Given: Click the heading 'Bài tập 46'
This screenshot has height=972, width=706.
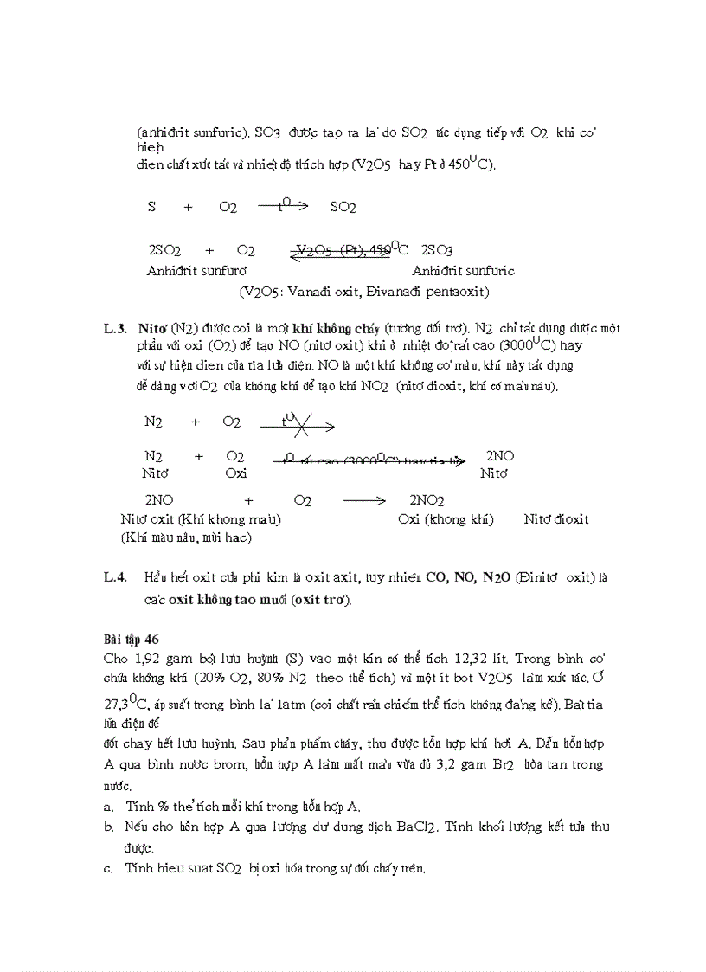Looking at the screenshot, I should [x=131, y=640].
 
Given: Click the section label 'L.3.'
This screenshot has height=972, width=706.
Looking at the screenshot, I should [x=115, y=329].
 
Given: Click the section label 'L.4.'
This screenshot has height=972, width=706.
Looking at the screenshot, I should [x=115, y=577].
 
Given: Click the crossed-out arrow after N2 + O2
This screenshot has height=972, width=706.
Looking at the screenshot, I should [x=297, y=423].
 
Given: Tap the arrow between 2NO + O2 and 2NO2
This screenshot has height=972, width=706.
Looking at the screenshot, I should [x=363, y=500].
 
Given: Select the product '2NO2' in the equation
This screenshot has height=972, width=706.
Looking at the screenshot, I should [x=427, y=501].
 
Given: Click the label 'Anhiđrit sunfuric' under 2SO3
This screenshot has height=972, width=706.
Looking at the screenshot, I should [x=463, y=271].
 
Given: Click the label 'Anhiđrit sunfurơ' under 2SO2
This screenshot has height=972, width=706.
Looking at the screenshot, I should [x=196, y=271].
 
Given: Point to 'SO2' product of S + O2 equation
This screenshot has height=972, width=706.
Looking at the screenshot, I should [x=343, y=207].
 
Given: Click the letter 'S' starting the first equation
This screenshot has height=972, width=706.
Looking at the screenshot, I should [x=152, y=207].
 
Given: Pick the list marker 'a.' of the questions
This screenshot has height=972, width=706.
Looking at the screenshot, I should [x=108, y=807].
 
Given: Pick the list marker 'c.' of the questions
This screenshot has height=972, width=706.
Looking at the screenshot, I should [x=108, y=868].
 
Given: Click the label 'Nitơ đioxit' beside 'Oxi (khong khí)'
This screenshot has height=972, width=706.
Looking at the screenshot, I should [x=556, y=519].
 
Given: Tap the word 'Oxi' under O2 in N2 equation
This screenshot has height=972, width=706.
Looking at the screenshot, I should [x=235, y=473].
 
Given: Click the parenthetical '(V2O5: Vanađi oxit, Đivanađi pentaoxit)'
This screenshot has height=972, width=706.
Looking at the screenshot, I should [x=364, y=292].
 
